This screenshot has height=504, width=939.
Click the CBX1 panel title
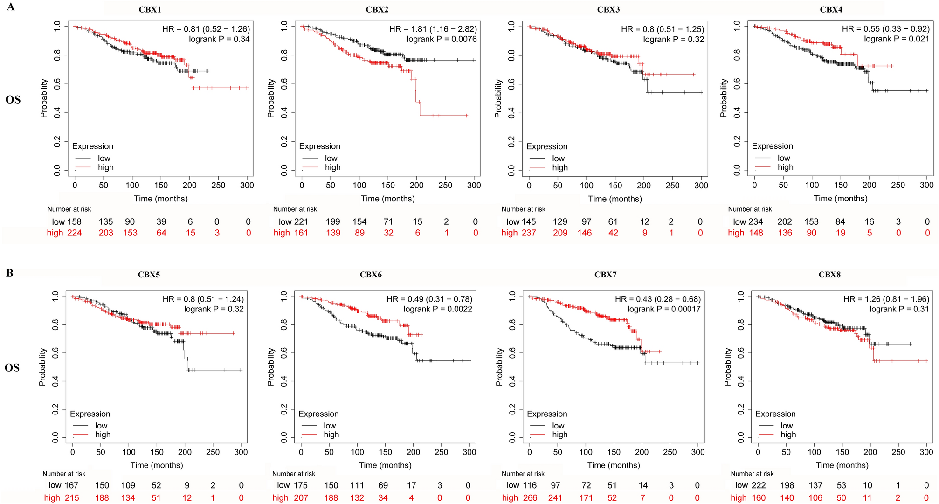click(150, 9)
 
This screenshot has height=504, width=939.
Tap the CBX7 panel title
click(605, 275)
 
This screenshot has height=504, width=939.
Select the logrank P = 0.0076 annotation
click(442, 39)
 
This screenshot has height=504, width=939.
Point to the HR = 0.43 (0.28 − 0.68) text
click(657, 299)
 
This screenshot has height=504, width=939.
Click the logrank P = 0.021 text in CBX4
click(897, 39)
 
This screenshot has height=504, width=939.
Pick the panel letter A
click(11, 7)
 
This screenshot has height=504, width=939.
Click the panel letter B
click(10, 273)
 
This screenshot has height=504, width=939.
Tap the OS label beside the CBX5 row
click(12, 368)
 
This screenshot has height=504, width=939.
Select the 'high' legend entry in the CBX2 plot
click(332, 167)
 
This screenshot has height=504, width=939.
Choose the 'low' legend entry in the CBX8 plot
click(787, 425)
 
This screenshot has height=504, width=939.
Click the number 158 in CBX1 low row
click(74, 222)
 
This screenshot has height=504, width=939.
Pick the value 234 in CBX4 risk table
click(755, 222)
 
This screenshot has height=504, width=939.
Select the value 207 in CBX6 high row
click(301, 498)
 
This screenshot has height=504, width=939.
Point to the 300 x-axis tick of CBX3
click(701, 185)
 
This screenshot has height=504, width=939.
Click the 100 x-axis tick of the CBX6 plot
click(357, 452)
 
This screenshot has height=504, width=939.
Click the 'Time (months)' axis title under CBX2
click(387, 199)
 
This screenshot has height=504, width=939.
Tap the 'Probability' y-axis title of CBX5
click(42, 367)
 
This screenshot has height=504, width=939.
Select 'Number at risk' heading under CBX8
click(752, 474)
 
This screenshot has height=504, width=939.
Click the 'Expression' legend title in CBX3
click(546, 146)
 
